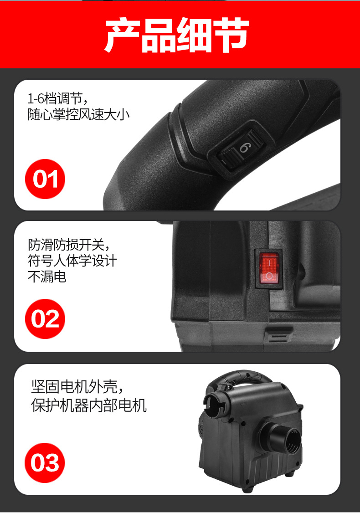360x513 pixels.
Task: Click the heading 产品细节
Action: (x=177, y=36)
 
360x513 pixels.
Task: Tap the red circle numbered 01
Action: (x=45, y=179)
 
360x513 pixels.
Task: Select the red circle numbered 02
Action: (x=45, y=319)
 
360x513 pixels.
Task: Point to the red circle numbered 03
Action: (x=45, y=463)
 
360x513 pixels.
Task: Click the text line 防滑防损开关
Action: (x=69, y=245)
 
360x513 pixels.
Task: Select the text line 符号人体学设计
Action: (x=72, y=261)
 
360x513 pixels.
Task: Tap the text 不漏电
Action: (x=47, y=277)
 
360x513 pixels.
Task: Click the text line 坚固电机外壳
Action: (x=77, y=388)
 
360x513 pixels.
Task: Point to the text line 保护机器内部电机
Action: (x=89, y=405)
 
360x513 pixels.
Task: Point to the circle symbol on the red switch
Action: (x=269, y=277)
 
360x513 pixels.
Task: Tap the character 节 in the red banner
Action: (x=231, y=36)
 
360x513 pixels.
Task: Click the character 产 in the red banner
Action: (x=123, y=36)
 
